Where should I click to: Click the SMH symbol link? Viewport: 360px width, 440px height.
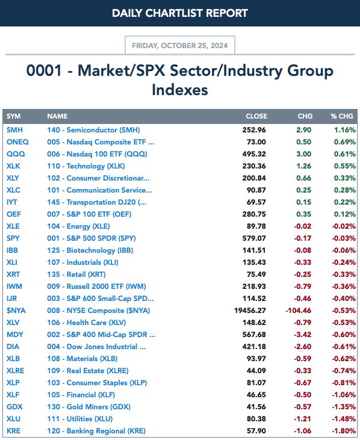[x=14, y=130]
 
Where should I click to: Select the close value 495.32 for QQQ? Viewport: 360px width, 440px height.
[x=254, y=154]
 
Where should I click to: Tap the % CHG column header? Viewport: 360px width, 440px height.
[x=342, y=116]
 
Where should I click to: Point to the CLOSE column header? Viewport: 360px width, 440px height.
[x=256, y=116]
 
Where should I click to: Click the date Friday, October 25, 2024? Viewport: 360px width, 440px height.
[x=180, y=46]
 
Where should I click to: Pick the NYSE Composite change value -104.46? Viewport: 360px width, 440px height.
[x=298, y=311]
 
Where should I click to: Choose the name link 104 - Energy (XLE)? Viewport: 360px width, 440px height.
[x=78, y=226]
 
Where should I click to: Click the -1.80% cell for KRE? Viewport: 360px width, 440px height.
[x=344, y=431]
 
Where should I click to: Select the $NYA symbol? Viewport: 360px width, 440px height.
[x=16, y=311]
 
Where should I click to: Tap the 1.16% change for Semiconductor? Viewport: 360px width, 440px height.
[x=345, y=130]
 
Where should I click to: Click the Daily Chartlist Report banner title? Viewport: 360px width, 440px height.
[x=180, y=13]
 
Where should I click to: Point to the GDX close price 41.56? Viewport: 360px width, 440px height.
[x=256, y=407]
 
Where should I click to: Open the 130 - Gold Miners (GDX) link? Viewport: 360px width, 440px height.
[x=88, y=407]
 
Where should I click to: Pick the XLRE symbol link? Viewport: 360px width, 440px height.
[x=16, y=371]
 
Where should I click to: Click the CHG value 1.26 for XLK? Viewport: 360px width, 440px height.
[x=303, y=166]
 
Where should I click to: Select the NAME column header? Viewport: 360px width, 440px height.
[x=57, y=116]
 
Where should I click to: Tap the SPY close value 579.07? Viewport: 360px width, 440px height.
[x=254, y=238]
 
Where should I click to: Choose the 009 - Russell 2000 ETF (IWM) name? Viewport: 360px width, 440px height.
[x=96, y=287]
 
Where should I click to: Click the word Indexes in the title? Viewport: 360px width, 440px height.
[x=180, y=90]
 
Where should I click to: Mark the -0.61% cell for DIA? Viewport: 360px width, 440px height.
[x=344, y=347]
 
